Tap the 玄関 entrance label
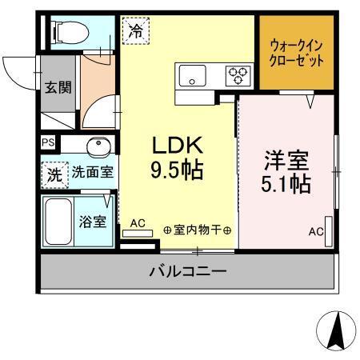[57, 87]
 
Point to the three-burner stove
[238, 76]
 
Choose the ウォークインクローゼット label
[297, 52]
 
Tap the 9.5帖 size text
[178, 170]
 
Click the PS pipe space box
[47, 144]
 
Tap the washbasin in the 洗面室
[98, 146]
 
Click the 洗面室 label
[92, 171]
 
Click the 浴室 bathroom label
[93, 222]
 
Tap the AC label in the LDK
[137, 223]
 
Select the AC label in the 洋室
[317, 232]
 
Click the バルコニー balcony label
[187, 272]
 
